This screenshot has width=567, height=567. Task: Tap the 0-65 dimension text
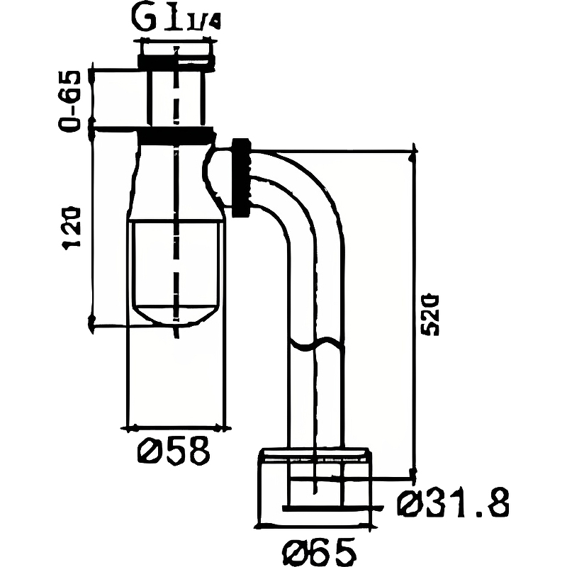click(72, 99)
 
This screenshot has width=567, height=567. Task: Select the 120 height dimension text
click(72, 227)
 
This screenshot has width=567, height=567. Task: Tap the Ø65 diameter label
click(317, 549)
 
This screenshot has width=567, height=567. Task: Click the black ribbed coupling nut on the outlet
click(241, 177)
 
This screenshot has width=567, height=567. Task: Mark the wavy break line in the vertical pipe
click(316, 345)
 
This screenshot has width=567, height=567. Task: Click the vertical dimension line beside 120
click(92, 227)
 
